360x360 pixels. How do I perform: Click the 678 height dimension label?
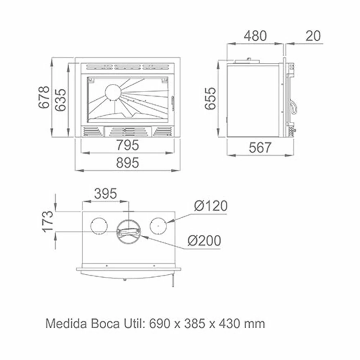click(44, 97)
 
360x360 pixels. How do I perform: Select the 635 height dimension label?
click(61, 100)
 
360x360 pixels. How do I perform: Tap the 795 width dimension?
click(128, 145)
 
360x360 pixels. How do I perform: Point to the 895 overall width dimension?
click(128, 163)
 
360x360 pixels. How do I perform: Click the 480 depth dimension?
click(255, 36)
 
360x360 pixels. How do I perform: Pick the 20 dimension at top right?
click(313, 36)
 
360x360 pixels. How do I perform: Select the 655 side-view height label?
click(210, 99)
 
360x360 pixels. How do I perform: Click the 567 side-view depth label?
click(260, 148)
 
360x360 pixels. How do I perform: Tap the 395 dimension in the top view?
click(105, 194)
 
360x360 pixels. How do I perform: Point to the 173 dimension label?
click(48, 221)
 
